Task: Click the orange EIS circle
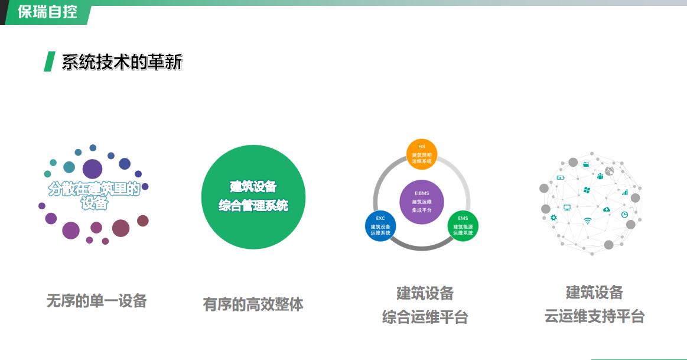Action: click(x=422, y=154)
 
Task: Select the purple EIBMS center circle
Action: click(x=422, y=202)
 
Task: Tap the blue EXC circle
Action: click(x=380, y=226)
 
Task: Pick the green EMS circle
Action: click(x=463, y=226)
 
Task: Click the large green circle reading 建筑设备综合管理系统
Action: click(x=253, y=197)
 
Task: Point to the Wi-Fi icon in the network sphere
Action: click(x=588, y=221)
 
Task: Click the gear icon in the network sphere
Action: click(x=553, y=218)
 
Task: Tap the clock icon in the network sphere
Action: click(x=624, y=215)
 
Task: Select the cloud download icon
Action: click(x=607, y=209)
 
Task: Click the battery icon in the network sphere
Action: click(x=561, y=177)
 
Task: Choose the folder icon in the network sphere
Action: click(x=586, y=164)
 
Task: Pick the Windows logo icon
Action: click(x=587, y=190)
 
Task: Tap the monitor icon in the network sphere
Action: click(x=567, y=207)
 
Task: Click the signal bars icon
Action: click(x=625, y=192)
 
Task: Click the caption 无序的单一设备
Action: click(x=96, y=301)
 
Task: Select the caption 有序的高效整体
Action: click(x=253, y=304)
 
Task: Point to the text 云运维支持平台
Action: click(x=594, y=316)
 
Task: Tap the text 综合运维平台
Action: click(x=425, y=317)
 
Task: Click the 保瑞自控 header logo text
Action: click(x=47, y=11)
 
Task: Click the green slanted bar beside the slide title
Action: click(x=50, y=61)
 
